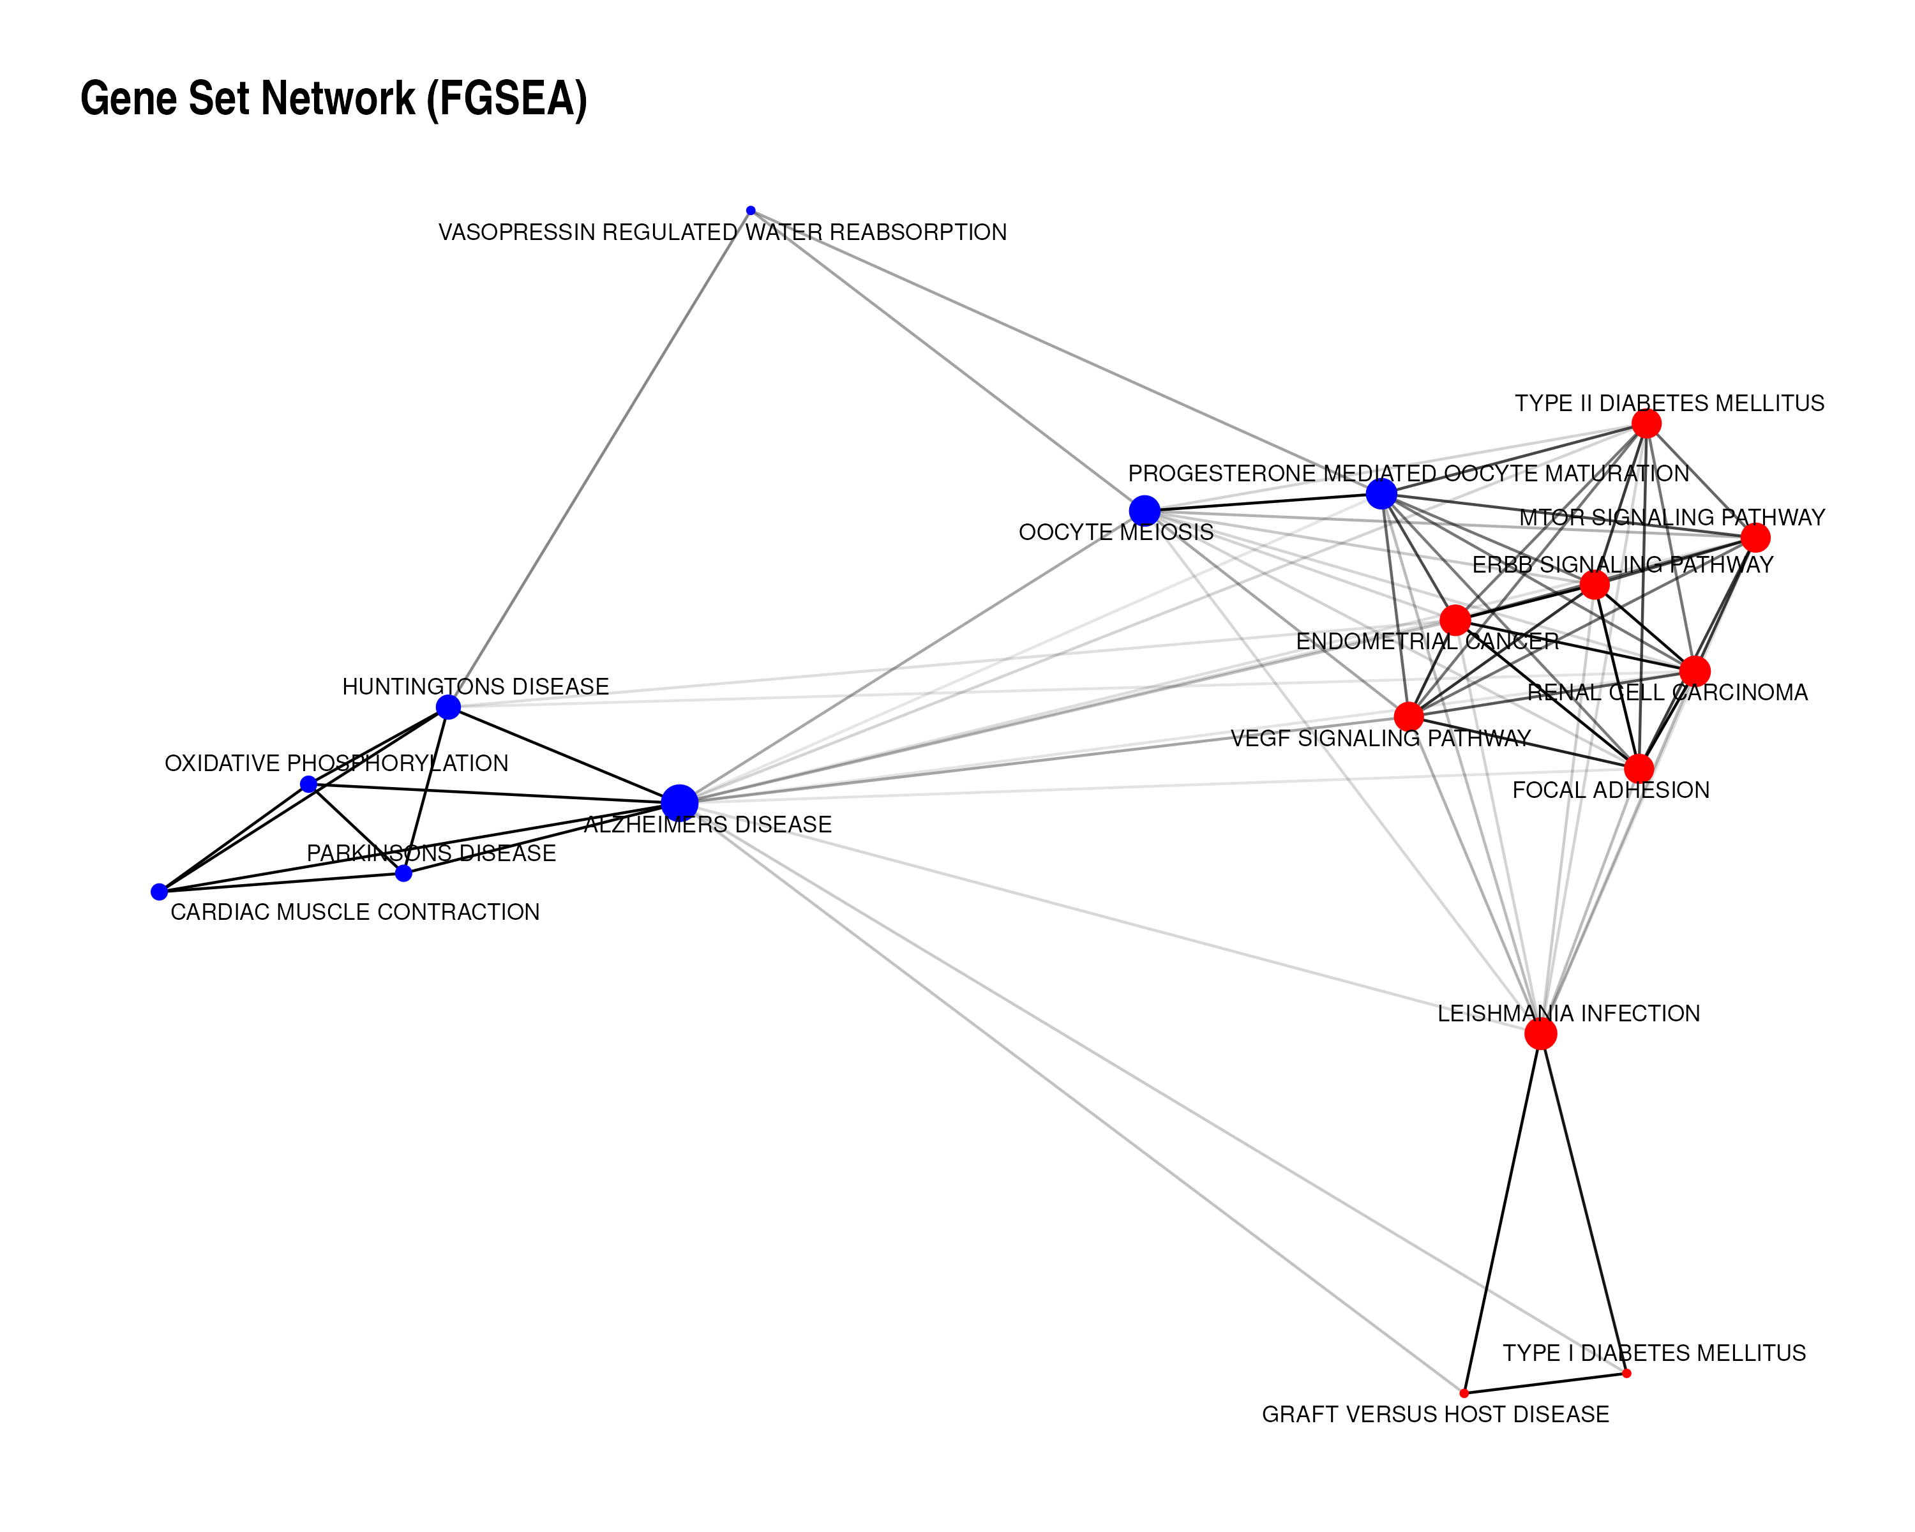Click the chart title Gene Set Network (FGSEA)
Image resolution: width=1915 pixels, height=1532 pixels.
(333, 98)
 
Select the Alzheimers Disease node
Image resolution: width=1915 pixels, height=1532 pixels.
(679, 802)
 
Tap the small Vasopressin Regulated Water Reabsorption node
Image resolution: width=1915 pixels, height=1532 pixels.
(751, 211)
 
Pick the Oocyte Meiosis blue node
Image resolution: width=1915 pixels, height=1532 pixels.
(1144, 511)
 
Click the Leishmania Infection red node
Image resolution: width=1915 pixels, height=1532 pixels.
(1540, 1033)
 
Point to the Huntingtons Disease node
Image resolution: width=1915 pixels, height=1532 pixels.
(449, 707)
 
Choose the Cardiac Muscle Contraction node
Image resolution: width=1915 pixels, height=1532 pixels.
(159, 892)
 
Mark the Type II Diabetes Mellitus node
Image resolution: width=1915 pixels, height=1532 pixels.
(1646, 424)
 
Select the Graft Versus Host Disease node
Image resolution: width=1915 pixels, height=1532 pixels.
(1464, 1393)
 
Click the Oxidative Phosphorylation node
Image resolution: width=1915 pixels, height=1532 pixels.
(308, 785)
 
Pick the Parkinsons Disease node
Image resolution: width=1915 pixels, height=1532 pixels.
(403, 873)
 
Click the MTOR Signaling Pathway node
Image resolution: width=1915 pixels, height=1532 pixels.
(1755, 537)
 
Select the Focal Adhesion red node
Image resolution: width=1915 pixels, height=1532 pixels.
(1639, 768)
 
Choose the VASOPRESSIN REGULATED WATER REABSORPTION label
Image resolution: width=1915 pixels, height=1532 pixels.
(722, 233)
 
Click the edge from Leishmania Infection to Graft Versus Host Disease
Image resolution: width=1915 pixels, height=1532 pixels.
(1502, 1213)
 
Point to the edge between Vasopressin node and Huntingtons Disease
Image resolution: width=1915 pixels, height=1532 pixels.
(599, 458)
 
